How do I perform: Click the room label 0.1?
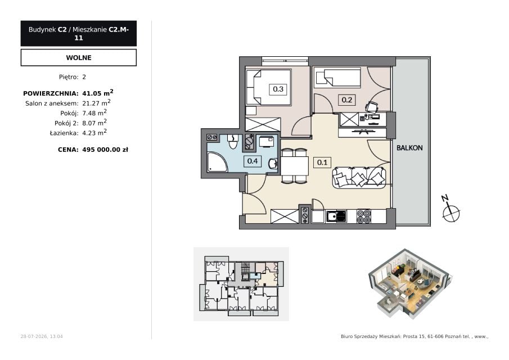tap(322, 162)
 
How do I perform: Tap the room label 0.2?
tap(346, 100)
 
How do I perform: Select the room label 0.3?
tap(278, 89)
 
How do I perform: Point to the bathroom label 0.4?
tap(252, 161)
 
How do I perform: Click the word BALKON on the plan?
tap(409, 148)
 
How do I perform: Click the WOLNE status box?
tap(79, 57)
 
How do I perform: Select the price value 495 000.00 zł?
tap(105, 150)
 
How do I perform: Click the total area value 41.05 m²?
tap(98, 93)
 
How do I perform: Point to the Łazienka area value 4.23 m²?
tap(94, 132)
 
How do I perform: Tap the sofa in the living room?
tap(359, 177)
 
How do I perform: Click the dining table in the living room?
tap(294, 166)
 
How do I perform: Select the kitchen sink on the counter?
tap(336, 217)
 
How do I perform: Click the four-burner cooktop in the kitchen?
tap(363, 216)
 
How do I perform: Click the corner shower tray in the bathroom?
tap(217, 162)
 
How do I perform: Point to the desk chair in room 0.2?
tap(372, 106)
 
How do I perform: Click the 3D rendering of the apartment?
tap(410, 283)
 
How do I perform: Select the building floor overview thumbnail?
tap(241, 284)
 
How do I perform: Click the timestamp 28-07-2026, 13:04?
tap(42, 336)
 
